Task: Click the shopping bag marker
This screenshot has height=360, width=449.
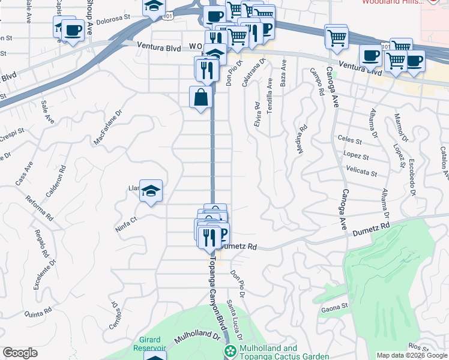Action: [x=201, y=97]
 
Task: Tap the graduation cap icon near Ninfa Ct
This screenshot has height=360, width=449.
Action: [x=151, y=191]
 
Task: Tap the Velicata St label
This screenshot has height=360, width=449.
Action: [x=361, y=173]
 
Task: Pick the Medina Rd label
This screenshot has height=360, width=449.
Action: [x=303, y=139]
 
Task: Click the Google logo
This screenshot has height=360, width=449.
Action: [x=20, y=353]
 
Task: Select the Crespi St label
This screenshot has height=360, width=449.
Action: [x=12, y=131]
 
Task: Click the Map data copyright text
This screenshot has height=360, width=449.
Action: [x=412, y=355]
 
